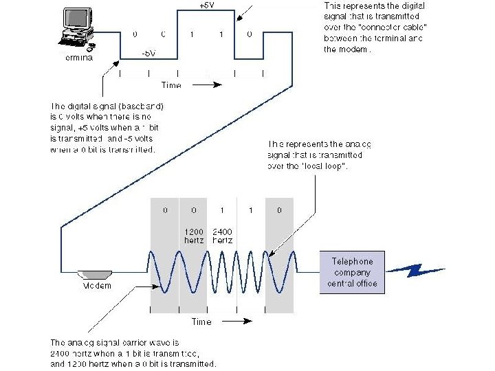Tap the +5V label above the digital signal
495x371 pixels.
coord(206,5)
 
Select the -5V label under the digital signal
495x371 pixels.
coord(148,53)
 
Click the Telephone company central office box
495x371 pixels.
coord(352,272)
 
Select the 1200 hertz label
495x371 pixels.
coord(193,236)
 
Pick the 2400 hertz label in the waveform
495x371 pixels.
coord(223,236)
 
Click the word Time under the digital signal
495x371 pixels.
coord(171,85)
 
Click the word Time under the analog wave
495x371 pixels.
coord(201,322)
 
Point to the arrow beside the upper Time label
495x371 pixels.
coord(208,85)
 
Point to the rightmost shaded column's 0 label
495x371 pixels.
coord(279,211)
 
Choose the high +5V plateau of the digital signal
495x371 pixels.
coord(206,12)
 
